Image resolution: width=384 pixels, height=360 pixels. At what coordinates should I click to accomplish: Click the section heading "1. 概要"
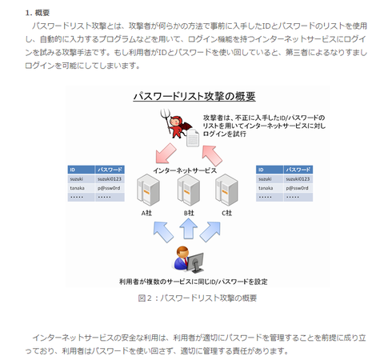click(39, 13)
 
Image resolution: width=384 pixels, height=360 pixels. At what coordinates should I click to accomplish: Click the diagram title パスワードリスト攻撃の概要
click(194, 97)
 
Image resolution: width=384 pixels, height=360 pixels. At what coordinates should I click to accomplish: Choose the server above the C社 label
click(227, 189)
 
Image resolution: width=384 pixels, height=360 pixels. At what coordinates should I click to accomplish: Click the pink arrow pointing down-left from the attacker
click(167, 152)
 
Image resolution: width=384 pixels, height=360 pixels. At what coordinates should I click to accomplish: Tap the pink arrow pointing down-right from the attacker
click(215, 152)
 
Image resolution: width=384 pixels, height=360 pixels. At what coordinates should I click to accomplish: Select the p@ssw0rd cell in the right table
click(298, 189)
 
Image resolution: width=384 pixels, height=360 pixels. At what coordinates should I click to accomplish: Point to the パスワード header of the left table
click(110, 170)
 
